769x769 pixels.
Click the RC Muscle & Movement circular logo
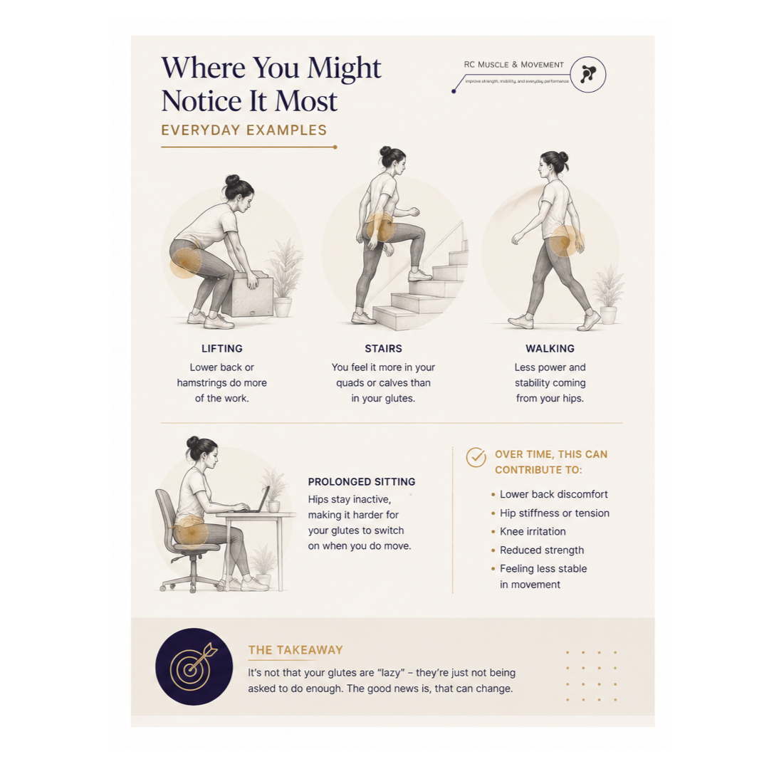pyautogui.click(x=588, y=75)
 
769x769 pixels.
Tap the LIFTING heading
pyautogui.click(x=221, y=349)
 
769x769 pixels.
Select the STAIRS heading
pyautogui.click(x=383, y=349)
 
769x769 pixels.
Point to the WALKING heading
pyautogui.click(x=550, y=349)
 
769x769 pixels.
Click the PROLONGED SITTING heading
pyautogui.click(x=362, y=481)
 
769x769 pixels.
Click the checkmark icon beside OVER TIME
pyautogui.click(x=476, y=458)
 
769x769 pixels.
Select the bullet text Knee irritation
pyautogui.click(x=533, y=532)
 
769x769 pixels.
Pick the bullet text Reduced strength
pyautogui.click(x=541, y=550)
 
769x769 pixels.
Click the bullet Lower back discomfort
pyautogui.click(x=554, y=494)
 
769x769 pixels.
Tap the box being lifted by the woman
pyautogui.click(x=249, y=294)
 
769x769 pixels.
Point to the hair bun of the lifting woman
pyautogui.click(x=232, y=180)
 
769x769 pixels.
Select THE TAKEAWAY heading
pyautogui.click(x=295, y=650)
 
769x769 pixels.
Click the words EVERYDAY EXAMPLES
pyautogui.click(x=244, y=130)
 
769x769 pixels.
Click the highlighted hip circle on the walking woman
pyautogui.click(x=564, y=241)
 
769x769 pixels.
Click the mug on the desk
pyautogui.click(x=273, y=506)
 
